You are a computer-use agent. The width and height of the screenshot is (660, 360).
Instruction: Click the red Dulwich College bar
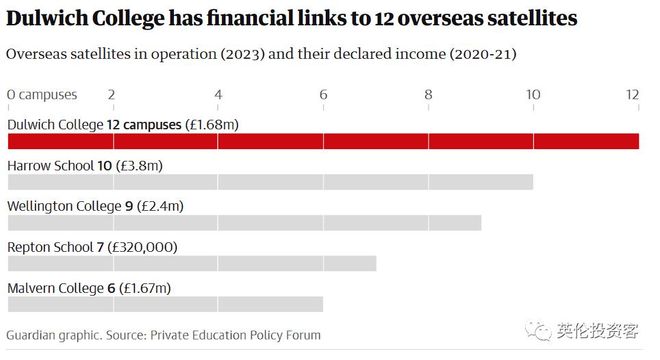(322, 142)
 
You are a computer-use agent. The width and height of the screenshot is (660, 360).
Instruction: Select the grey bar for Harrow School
(270, 182)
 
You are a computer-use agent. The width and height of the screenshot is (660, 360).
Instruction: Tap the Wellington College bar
(244, 223)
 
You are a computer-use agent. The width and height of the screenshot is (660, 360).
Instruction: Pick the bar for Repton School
(192, 263)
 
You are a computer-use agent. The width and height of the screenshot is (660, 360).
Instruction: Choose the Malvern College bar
(165, 304)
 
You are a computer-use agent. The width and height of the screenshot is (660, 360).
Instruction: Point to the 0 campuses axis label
(42, 94)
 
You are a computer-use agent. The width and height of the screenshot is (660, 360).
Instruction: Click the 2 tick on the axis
(112, 94)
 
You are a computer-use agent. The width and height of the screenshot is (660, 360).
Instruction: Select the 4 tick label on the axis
(218, 94)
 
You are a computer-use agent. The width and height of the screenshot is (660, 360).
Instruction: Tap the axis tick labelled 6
(323, 94)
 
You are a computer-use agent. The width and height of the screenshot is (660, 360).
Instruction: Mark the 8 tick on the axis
(428, 94)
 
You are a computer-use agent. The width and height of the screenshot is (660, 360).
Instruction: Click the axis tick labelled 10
(533, 94)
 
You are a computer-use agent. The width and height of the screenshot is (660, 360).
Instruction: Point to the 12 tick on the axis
(632, 94)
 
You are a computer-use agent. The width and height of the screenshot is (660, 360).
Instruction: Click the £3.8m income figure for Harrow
(140, 166)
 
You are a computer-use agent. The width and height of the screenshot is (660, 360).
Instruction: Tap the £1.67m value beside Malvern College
(145, 288)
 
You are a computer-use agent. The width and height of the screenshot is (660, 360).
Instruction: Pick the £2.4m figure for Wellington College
(160, 206)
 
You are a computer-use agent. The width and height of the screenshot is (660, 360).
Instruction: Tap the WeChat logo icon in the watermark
(538, 331)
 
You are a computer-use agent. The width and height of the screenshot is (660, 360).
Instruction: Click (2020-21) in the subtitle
(483, 54)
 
